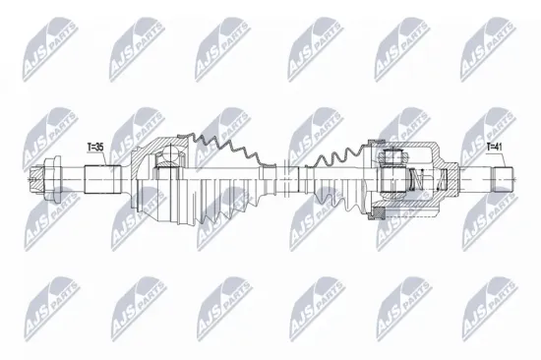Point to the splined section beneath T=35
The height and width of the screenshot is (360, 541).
pos(101,180)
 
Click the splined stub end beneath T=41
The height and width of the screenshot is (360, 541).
pos(503,180)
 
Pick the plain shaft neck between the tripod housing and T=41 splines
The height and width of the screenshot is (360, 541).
pos(472,180)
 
